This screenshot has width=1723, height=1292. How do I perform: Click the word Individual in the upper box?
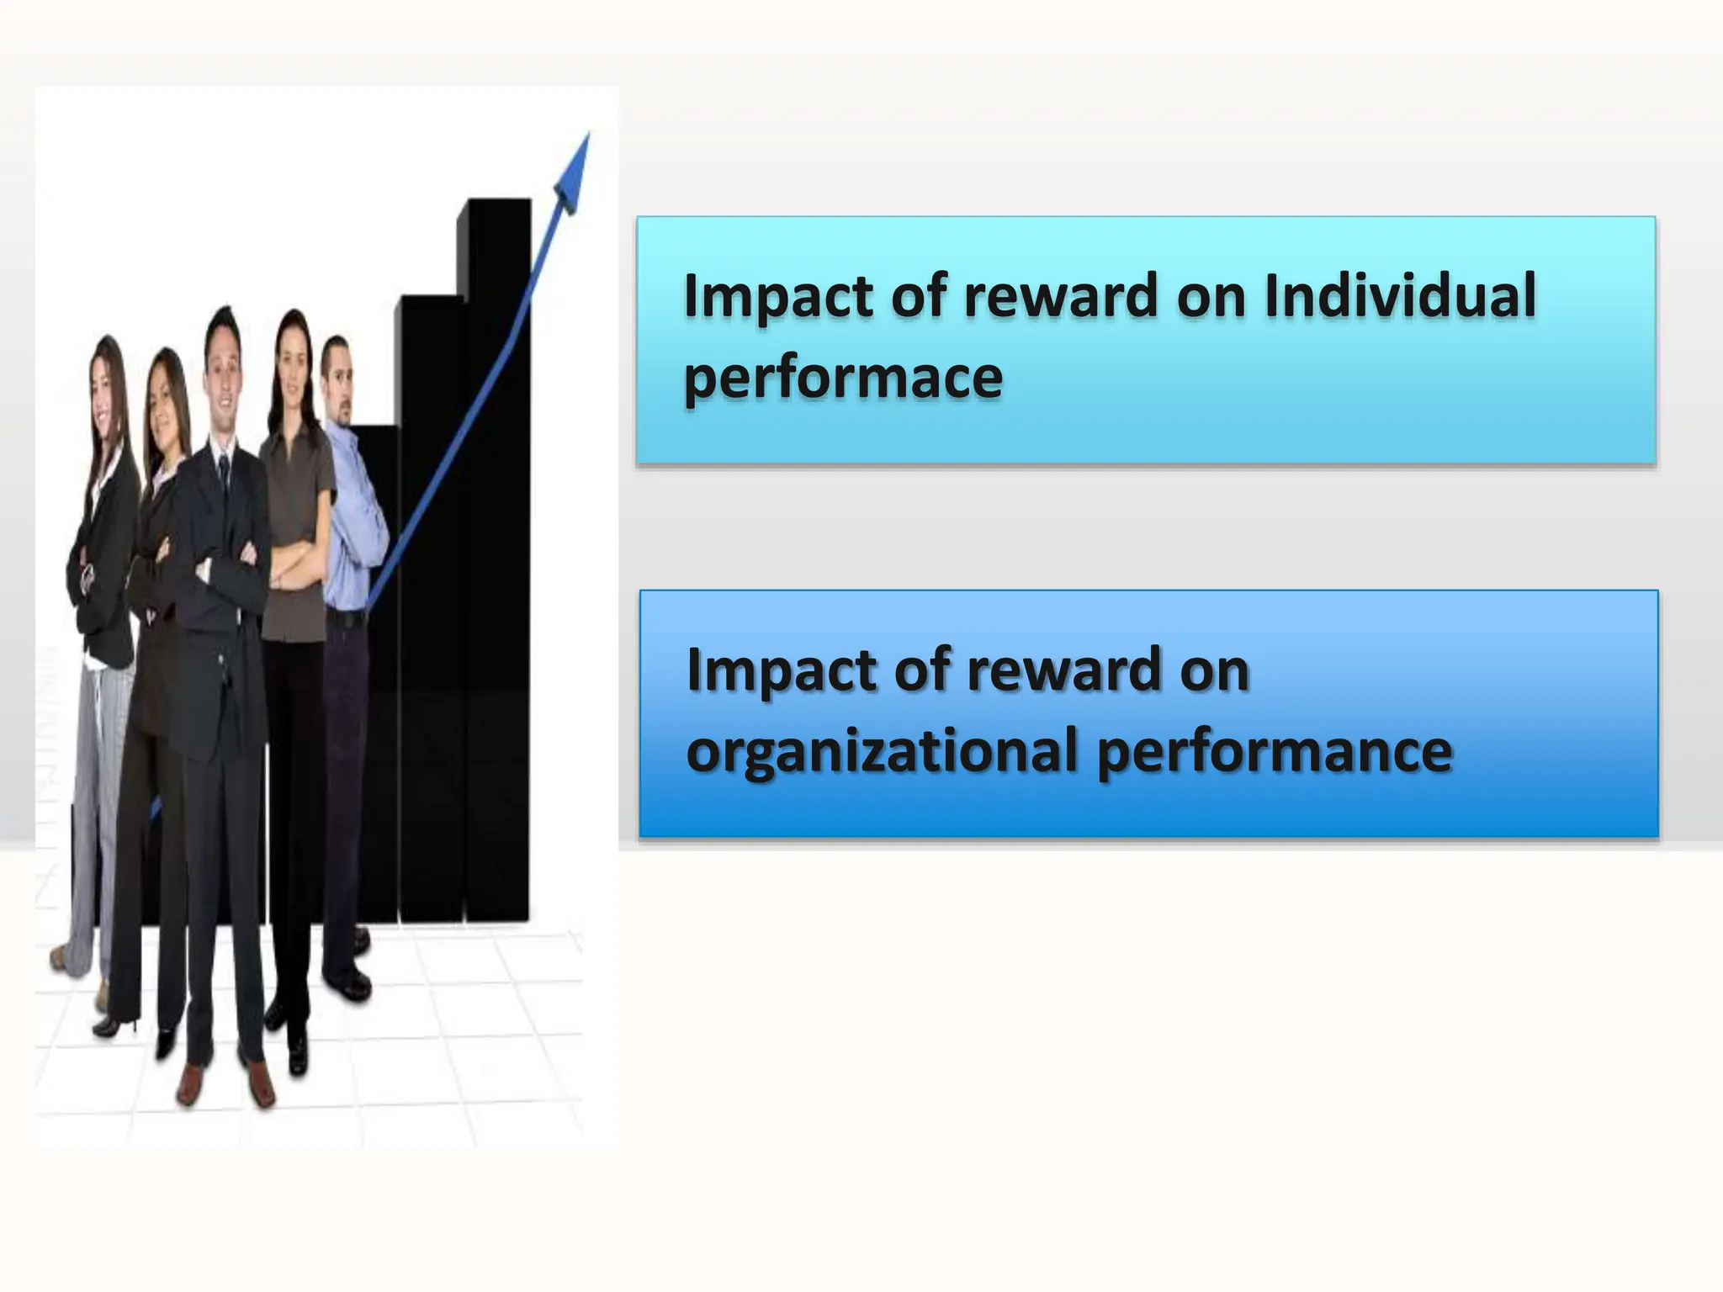pyautogui.click(x=1400, y=296)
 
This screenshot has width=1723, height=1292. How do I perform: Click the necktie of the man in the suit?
pyautogui.click(x=224, y=476)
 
